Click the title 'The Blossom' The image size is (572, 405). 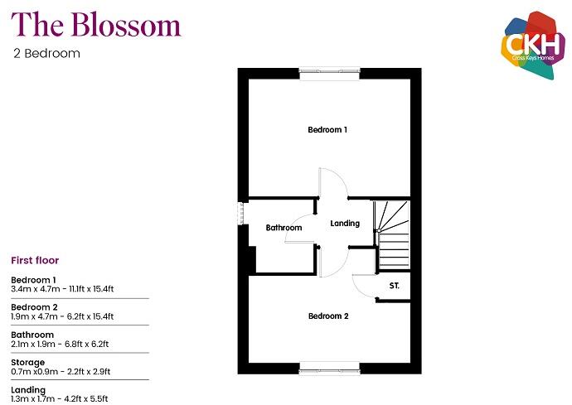click(97, 25)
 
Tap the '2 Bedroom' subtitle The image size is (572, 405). click(46, 54)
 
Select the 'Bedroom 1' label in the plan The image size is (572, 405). click(327, 130)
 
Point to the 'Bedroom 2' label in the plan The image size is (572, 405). click(328, 316)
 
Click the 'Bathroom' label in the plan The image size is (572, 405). click(284, 228)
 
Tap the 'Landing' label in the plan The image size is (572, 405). click(345, 224)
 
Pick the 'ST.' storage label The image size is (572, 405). click(394, 287)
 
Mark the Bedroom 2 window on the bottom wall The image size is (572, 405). click(330, 367)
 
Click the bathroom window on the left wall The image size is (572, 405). click(241, 213)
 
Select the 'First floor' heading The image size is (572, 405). click(35, 260)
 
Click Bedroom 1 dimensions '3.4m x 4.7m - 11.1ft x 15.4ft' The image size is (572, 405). click(62, 289)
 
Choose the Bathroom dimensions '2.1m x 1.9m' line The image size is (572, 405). click(60, 344)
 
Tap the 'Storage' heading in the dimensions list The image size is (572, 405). click(28, 362)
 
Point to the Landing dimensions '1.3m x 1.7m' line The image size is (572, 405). click(60, 398)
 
